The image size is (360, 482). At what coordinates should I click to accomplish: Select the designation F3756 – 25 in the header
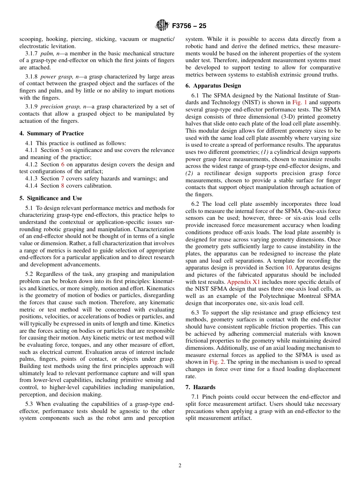(x=189, y=26)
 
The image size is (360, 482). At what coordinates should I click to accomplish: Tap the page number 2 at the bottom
(x=180, y=466)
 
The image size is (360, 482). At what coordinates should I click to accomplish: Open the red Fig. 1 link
(x=299, y=102)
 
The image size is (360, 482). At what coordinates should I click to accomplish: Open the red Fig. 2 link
(x=216, y=362)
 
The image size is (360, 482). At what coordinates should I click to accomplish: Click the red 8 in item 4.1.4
(x=63, y=186)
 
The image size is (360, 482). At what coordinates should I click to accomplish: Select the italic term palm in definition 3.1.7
(x=47, y=53)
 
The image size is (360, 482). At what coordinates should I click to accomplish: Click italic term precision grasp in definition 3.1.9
(x=57, y=106)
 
